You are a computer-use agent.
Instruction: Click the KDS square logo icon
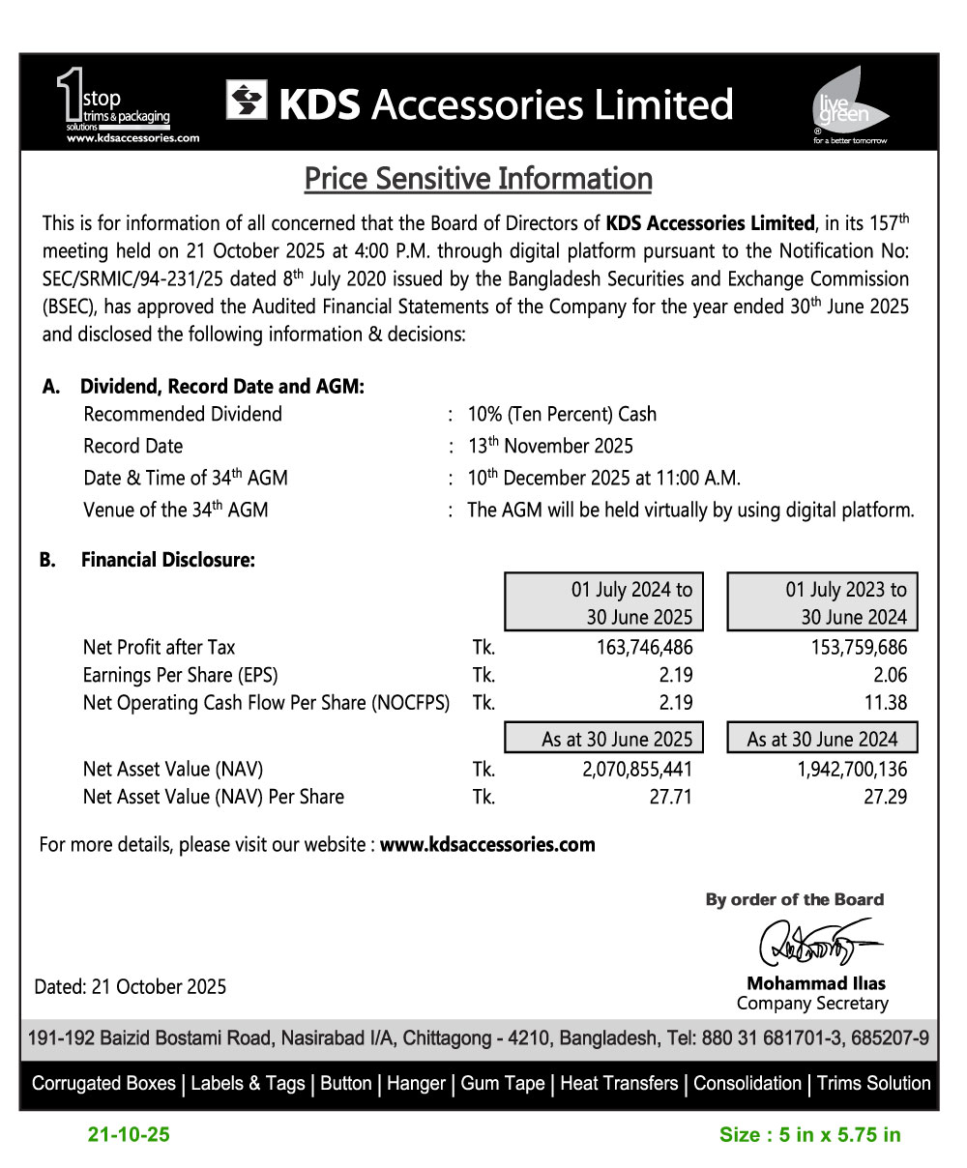pyautogui.click(x=247, y=101)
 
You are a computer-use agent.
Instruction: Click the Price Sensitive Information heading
pyautogui.click(x=478, y=179)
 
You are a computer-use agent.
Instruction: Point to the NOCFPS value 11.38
pyautogui.click(x=884, y=703)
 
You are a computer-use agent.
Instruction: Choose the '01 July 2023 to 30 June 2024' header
pyautogui.click(x=821, y=602)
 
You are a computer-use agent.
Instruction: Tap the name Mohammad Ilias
pyautogui.click(x=815, y=983)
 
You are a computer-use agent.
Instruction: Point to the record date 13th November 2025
pyautogui.click(x=550, y=446)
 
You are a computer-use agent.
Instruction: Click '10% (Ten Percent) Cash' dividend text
pyautogui.click(x=562, y=414)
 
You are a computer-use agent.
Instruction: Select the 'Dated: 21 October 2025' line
pyautogui.click(x=131, y=987)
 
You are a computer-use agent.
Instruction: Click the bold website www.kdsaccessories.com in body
pyautogui.click(x=487, y=844)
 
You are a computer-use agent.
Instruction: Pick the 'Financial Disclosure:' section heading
pyautogui.click(x=167, y=559)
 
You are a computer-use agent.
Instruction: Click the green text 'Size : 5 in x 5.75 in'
pyautogui.click(x=809, y=1135)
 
